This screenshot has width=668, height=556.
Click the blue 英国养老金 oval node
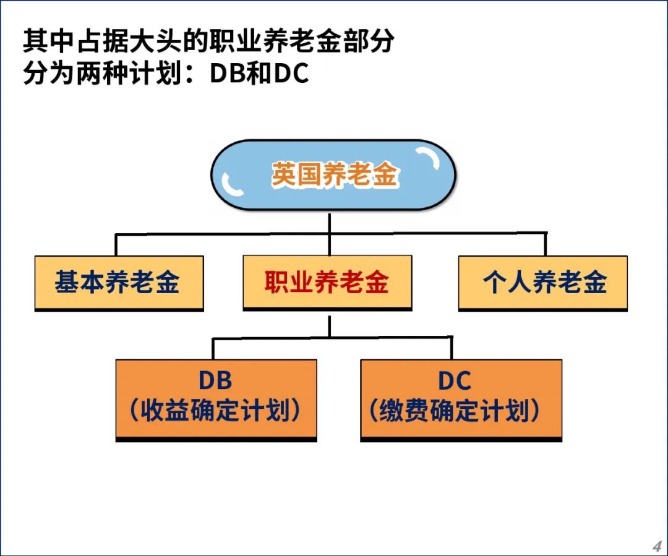click(333, 174)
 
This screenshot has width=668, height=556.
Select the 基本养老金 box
click(119, 283)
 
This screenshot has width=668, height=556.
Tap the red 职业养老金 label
click(327, 282)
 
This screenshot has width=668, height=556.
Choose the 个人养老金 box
click(543, 283)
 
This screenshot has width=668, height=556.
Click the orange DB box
click(216, 401)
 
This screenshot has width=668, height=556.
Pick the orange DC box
click(461, 401)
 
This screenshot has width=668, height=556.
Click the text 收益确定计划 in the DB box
click(215, 410)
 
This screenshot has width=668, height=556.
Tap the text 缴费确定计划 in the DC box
click(454, 410)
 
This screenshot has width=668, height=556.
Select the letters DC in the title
click(291, 73)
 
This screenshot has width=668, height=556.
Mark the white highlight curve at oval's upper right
click(429, 158)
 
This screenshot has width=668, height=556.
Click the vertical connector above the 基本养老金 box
click(116, 244)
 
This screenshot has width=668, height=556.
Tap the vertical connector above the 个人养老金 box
click(546, 244)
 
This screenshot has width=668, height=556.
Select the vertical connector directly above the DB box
click(213, 349)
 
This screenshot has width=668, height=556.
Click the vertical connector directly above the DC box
click(451, 348)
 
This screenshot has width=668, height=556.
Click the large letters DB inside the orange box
click(216, 380)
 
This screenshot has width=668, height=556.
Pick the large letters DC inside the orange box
click(455, 380)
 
